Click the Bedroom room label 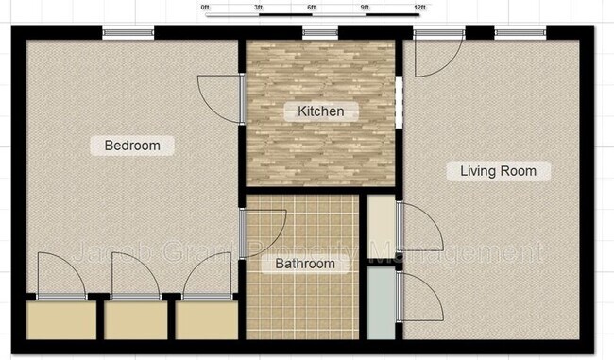coord(132,146)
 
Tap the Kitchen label coord(321,111)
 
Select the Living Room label coord(498,171)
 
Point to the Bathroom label coord(305,264)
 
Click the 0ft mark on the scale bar coord(206,8)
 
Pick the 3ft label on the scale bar coord(259,8)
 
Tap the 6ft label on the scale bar coord(312,8)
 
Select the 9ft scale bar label coord(366,8)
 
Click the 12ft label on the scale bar coord(419,8)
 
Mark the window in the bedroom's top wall coord(128,34)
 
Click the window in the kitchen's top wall coord(320,34)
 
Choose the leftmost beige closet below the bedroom coord(60,319)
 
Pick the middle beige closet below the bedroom coord(135,319)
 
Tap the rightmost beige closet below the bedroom coord(207,319)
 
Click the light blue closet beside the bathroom coord(381,303)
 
